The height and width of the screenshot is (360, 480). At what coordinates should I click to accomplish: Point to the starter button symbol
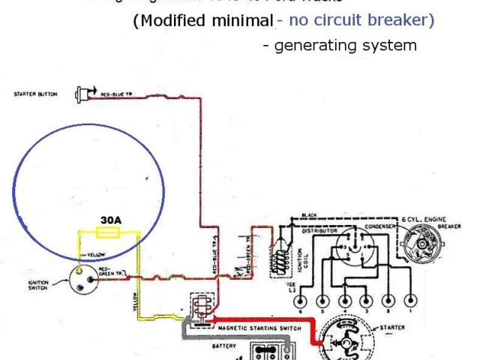click(x=82, y=94)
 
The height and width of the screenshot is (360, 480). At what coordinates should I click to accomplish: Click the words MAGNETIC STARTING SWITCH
click(x=260, y=328)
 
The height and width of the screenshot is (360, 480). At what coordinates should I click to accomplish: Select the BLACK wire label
click(x=309, y=215)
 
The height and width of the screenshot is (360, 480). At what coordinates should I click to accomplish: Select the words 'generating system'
click(x=345, y=45)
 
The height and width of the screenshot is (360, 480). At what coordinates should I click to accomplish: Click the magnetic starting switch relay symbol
click(x=201, y=308)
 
